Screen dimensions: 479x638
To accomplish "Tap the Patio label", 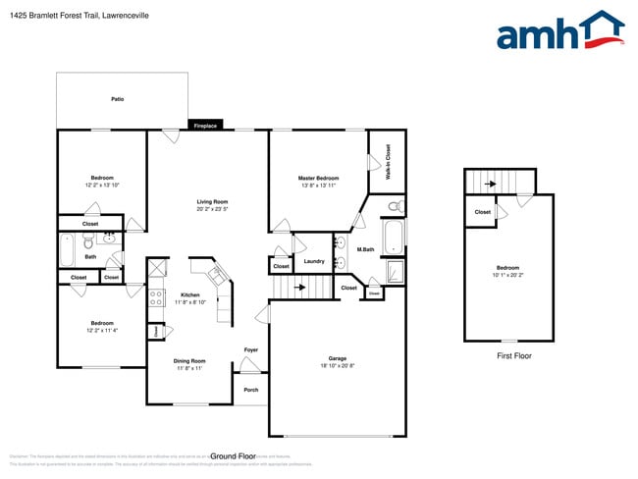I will (x=117, y=99).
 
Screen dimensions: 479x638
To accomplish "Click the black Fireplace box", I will (x=205, y=126).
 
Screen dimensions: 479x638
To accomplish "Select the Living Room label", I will (x=212, y=202).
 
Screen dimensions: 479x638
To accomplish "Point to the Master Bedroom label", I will (x=319, y=179).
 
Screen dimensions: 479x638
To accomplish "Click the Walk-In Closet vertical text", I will (x=388, y=161).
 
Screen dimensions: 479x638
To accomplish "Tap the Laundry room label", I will (x=314, y=261).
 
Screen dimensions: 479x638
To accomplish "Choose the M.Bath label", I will (x=365, y=249).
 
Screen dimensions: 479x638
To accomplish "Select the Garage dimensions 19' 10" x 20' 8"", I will (x=337, y=365).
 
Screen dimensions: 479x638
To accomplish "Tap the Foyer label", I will (x=251, y=349).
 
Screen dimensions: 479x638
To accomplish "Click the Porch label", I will (x=251, y=389).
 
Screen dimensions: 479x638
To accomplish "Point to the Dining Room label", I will (x=189, y=360).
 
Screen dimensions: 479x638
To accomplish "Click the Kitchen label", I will (x=189, y=294).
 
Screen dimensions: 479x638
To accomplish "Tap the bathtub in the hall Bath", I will (x=68, y=251).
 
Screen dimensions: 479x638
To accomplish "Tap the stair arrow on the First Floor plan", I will (x=484, y=182).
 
